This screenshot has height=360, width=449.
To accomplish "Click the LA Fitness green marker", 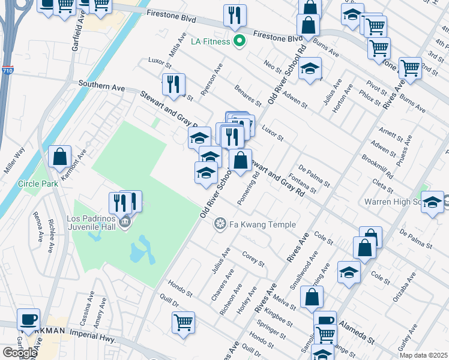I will (240, 41).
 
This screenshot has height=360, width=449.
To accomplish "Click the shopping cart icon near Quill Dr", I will (184, 322).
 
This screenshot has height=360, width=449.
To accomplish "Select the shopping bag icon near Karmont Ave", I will (60, 158).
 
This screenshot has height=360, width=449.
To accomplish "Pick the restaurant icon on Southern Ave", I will (173, 85).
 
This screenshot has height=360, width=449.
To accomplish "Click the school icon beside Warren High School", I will (432, 203).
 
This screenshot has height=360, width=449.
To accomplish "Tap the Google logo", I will (20, 352).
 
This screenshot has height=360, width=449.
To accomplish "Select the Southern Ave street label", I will (97, 87).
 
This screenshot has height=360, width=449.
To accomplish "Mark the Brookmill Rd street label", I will (377, 167).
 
